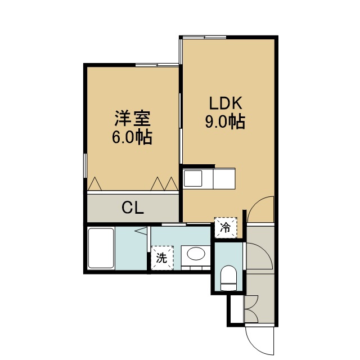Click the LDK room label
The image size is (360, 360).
coord(226,103)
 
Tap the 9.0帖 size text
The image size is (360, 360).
coord(225,121)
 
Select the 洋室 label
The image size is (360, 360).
coord(133,119)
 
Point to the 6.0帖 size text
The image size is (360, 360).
coord(132,137)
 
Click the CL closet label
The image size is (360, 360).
coord(133,208)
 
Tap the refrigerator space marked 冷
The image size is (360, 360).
coord(226,227)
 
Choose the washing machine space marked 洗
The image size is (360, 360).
coord(162,258)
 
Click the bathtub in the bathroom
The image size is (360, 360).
coord(101,248)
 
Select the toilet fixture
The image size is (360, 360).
coord(228,278)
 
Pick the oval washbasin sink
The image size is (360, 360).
coord(196,254)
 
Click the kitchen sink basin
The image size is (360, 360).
coord(193,178)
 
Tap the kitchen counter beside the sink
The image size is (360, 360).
coord(224,178)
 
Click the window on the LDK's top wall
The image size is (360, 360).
coord(204,38)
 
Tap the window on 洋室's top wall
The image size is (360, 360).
coord(157,65)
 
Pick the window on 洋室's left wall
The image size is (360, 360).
coord(85,165)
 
